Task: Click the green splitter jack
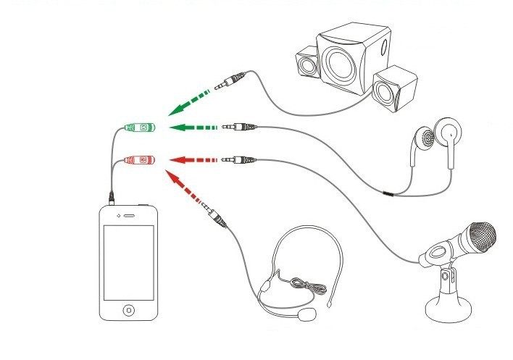click(x=138, y=127)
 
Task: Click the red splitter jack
click(x=138, y=158)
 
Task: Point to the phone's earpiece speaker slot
click(x=130, y=215)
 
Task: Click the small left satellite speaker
click(x=307, y=64)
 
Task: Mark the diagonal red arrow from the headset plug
click(x=186, y=190)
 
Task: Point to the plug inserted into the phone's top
click(x=111, y=196)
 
